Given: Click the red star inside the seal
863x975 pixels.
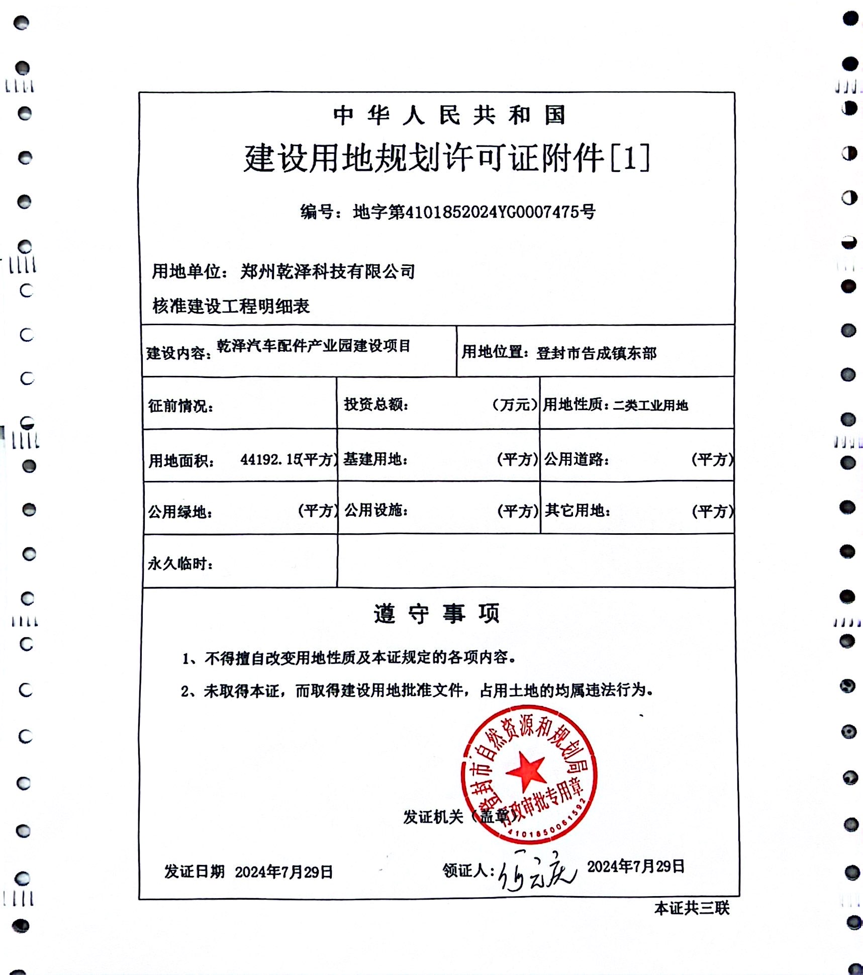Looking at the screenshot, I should pyautogui.click(x=526, y=772).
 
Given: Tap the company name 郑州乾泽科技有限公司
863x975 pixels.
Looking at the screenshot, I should pyautogui.click(x=327, y=271).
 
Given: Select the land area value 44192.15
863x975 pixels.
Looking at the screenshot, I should pyautogui.click(x=269, y=459).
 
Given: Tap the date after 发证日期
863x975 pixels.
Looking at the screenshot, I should pyautogui.click(x=284, y=872).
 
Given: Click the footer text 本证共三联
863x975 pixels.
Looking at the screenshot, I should pyautogui.click(x=691, y=908).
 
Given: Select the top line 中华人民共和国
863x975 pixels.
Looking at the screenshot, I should pyautogui.click(x=449, y=116).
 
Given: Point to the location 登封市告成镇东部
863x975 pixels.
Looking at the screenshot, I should pyautogui.click(x=596, y=353).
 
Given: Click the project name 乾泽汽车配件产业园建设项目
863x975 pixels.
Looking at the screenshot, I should pyautogui.click(x=314, y=346).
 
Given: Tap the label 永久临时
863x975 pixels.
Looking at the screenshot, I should pyautogui.click(x=179, y=563).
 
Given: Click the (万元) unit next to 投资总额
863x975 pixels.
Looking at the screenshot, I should pyautogui.click(x=514, y=404).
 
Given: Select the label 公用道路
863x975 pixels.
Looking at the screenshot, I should pyautogui.click(x=576, y=459).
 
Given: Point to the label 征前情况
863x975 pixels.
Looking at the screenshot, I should pyautogui.click(x=180, y=406).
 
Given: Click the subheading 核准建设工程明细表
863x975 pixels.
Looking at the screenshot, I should pyautogui.click(x=231, y=306).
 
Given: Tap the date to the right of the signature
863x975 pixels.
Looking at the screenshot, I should pyautogui.click(x=635, y=866).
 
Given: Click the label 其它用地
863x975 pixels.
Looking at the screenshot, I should pyautogui.click(x=577, y=511).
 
